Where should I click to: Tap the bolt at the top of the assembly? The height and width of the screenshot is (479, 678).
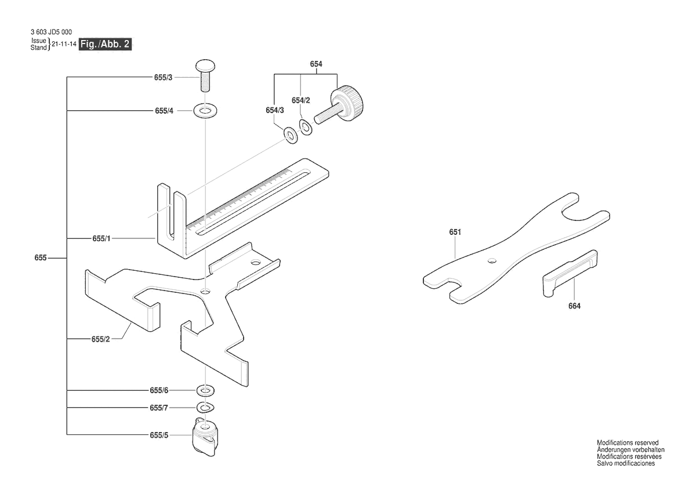(205, 74)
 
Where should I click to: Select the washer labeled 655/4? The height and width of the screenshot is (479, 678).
(205, 110)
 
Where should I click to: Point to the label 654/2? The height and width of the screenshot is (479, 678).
(301, 100)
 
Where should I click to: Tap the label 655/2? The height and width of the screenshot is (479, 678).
(101, 339)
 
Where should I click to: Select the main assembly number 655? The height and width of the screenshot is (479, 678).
(40, 257)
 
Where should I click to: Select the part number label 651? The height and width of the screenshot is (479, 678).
(455, 233)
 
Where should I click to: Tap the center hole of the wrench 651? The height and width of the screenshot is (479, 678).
(492, 260)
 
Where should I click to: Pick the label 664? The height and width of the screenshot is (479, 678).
(574, 306)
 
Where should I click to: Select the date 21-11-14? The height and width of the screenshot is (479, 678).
(64, 45)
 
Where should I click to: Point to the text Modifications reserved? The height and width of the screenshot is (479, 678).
(627, 442)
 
